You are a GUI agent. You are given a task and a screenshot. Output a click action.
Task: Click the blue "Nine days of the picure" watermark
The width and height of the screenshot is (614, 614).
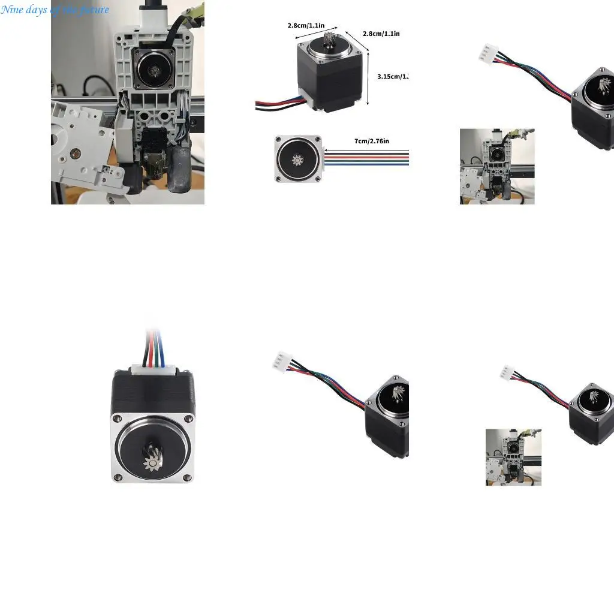point(55,10)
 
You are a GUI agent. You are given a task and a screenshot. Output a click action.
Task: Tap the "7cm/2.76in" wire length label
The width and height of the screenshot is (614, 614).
point(371,141)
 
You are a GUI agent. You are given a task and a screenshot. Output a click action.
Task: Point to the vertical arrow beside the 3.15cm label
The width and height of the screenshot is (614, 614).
point(368,78)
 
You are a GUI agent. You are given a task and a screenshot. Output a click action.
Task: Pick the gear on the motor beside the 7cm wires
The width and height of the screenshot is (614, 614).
point(298,160)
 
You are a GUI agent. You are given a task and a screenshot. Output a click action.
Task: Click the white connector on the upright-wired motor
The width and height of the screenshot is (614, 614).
point(153,372)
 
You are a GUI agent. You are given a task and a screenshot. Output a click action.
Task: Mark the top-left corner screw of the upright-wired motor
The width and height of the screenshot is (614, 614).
point(118,418)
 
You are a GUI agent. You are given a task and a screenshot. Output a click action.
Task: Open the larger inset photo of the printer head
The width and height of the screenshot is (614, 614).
point(496,166)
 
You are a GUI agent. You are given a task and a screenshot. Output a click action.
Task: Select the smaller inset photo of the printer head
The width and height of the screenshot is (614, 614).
point(513,457)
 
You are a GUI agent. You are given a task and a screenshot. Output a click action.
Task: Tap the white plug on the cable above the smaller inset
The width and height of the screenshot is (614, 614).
point(507,372)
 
